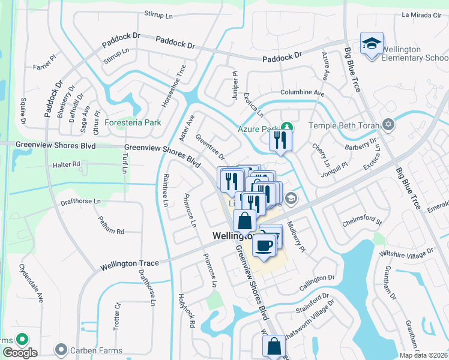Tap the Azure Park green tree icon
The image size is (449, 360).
coord(288,127)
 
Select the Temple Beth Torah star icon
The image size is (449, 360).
coord(388,125)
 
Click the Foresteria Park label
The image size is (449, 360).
coord(133,122)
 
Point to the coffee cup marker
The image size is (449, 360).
coord(264,245)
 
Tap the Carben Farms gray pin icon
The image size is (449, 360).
coord(60,349)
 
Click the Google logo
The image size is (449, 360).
coord(19,353)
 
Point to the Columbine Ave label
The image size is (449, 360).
coord(303,93)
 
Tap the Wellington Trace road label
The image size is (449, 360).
coord(130,263)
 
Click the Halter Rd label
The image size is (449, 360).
coord(67,164)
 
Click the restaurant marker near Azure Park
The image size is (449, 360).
coord(280,140)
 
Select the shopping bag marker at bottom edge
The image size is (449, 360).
coord(274,346)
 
